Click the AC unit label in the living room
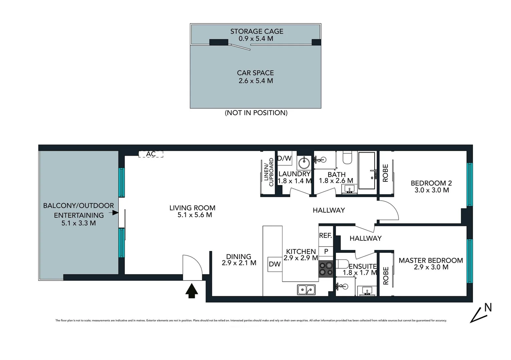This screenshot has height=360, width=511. click(151, 154)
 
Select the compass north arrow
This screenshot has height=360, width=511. click(481, 313)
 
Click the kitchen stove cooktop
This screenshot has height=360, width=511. click(326, 269)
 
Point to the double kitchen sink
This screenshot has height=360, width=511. click(307, 290)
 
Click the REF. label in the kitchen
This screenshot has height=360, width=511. click(326, 236)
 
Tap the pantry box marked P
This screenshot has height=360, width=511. click(326, 251)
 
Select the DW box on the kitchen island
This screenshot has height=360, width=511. click(275, 264)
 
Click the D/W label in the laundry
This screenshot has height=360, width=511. click(285, 158)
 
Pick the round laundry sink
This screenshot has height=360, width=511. click(304, 163)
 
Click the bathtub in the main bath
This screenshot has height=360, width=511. click(367, 170)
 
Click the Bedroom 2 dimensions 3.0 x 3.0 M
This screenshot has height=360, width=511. click(431, 190)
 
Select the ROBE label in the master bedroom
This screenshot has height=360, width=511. click(386, 276)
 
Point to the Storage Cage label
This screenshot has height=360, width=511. click(257, 31)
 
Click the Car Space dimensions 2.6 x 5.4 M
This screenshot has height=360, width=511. click(255, 81)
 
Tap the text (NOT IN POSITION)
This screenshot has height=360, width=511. click(256, 113)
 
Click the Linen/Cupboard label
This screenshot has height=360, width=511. click(269, 172)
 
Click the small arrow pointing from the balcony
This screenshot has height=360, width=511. click(115, 212)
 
